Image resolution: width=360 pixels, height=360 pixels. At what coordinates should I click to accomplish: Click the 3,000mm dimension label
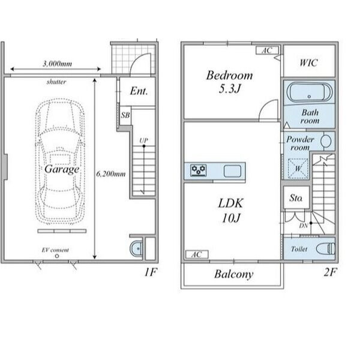click(57, 64)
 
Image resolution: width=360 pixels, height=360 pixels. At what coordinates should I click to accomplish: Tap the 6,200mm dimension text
click(111, 174)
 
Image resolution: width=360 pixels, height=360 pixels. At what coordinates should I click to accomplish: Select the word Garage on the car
click(62, 169)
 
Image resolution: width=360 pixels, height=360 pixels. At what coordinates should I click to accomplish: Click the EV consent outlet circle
click(57, 256)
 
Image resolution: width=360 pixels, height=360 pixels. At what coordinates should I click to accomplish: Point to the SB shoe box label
click(125, 115)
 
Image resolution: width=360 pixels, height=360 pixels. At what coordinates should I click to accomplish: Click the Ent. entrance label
click(139, 91)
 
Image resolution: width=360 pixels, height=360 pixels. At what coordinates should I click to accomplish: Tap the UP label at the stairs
click(144, 140)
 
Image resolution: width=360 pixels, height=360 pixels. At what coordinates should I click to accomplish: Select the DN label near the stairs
click(304, 226)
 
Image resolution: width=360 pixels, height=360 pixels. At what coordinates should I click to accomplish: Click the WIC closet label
click(309, 62)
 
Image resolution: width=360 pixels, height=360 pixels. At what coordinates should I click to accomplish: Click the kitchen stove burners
click(199, 170)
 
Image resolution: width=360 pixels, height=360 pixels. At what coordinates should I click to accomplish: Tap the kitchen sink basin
click(232, 171)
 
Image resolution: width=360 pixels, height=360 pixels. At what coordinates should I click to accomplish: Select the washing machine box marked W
click(298, 169)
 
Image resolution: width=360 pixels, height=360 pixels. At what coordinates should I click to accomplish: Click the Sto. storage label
click(296, 198)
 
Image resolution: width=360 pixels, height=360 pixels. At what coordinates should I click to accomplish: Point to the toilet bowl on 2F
click(325, 248)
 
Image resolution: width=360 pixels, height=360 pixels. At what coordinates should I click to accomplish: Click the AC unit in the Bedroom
click(267, 50)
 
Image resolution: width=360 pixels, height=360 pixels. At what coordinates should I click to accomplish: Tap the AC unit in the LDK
click(197, 254)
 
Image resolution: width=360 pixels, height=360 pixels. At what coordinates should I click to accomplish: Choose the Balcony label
click(234, 274)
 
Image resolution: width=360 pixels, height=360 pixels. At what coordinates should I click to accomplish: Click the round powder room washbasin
click(326, 140)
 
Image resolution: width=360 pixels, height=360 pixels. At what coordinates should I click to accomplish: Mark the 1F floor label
click(151, 272)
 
